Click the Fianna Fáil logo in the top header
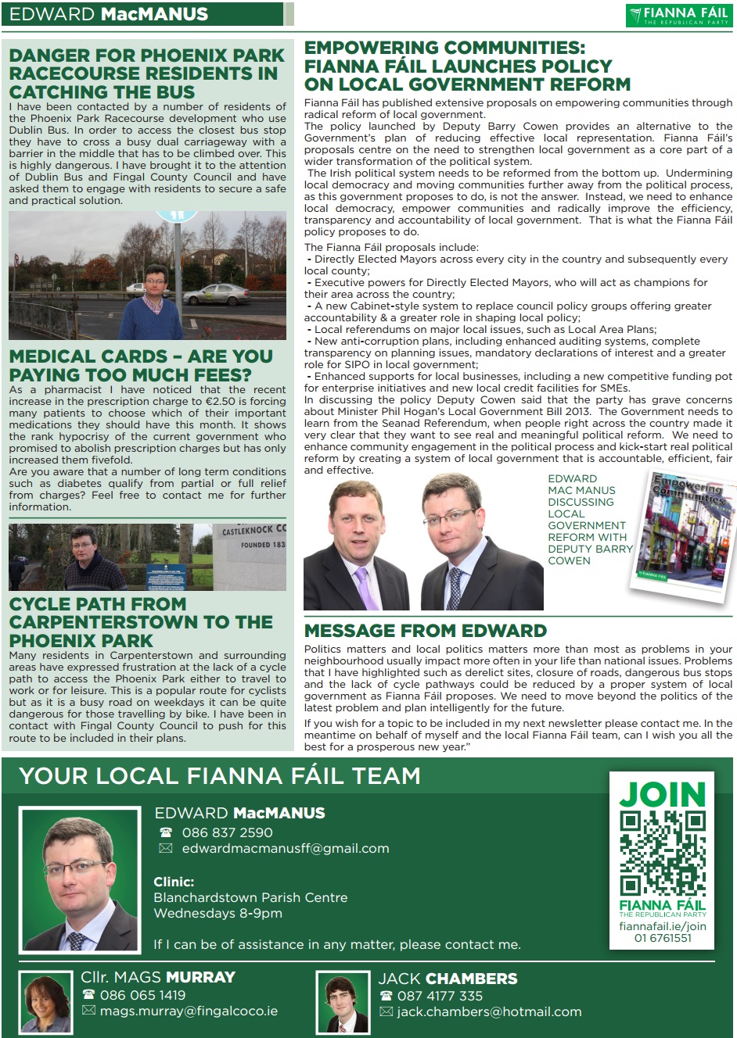click(678, 15)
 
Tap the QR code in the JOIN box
click(663, 853)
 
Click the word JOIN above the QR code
click(663, 794)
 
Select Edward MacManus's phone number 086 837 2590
click(227, 832)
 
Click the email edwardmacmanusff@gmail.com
click(285, 848)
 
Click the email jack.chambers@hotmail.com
click(489, 1011)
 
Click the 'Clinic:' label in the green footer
click(174, 882)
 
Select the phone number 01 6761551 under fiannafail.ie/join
click(663, 937)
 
